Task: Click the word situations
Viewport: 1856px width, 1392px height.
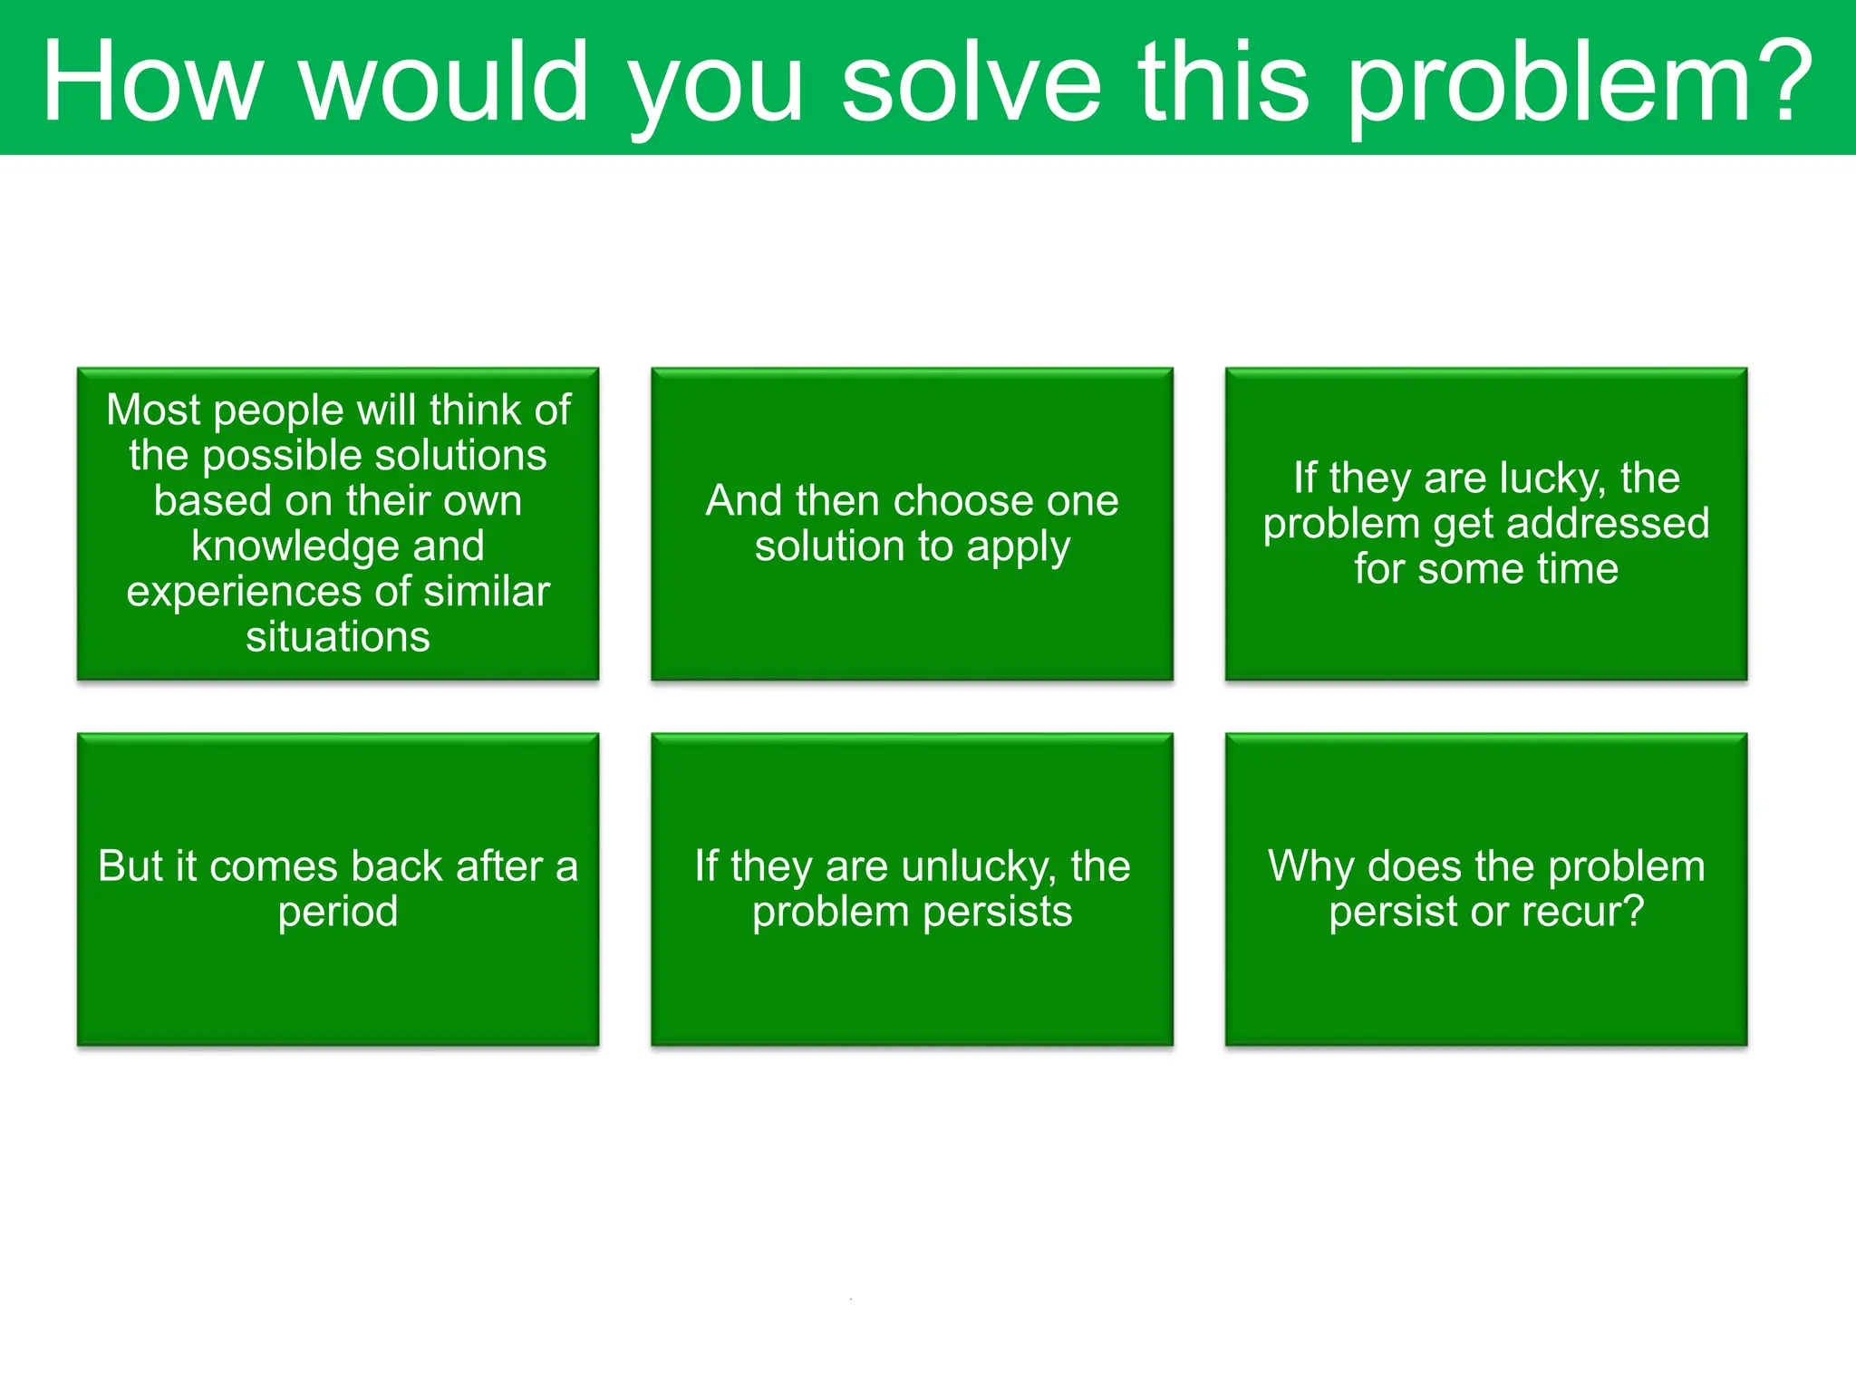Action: click(338, 637)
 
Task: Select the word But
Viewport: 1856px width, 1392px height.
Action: click(130, 866)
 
